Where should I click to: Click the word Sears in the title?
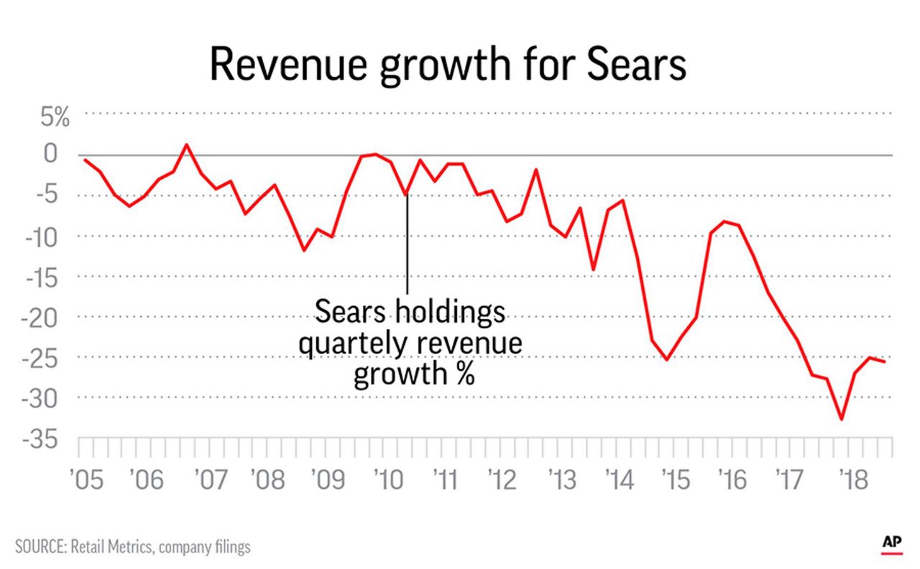pos(637,66)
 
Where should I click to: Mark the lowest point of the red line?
pos(841,420)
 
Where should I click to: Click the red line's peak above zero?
pos(187,144)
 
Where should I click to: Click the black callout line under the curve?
pos(408,244)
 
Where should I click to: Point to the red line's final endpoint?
pos(885,361)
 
